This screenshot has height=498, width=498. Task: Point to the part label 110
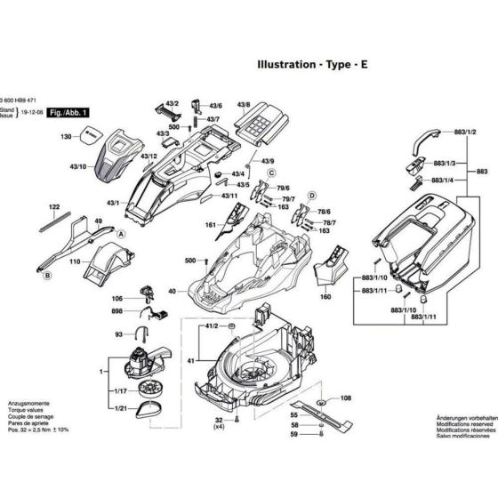pos(75,262)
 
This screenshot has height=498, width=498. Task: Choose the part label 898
pos(117,311)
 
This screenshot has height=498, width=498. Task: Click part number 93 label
pos(119,334)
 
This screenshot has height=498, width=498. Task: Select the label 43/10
pos(77,166)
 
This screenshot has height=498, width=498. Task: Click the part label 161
pos(210,226)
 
